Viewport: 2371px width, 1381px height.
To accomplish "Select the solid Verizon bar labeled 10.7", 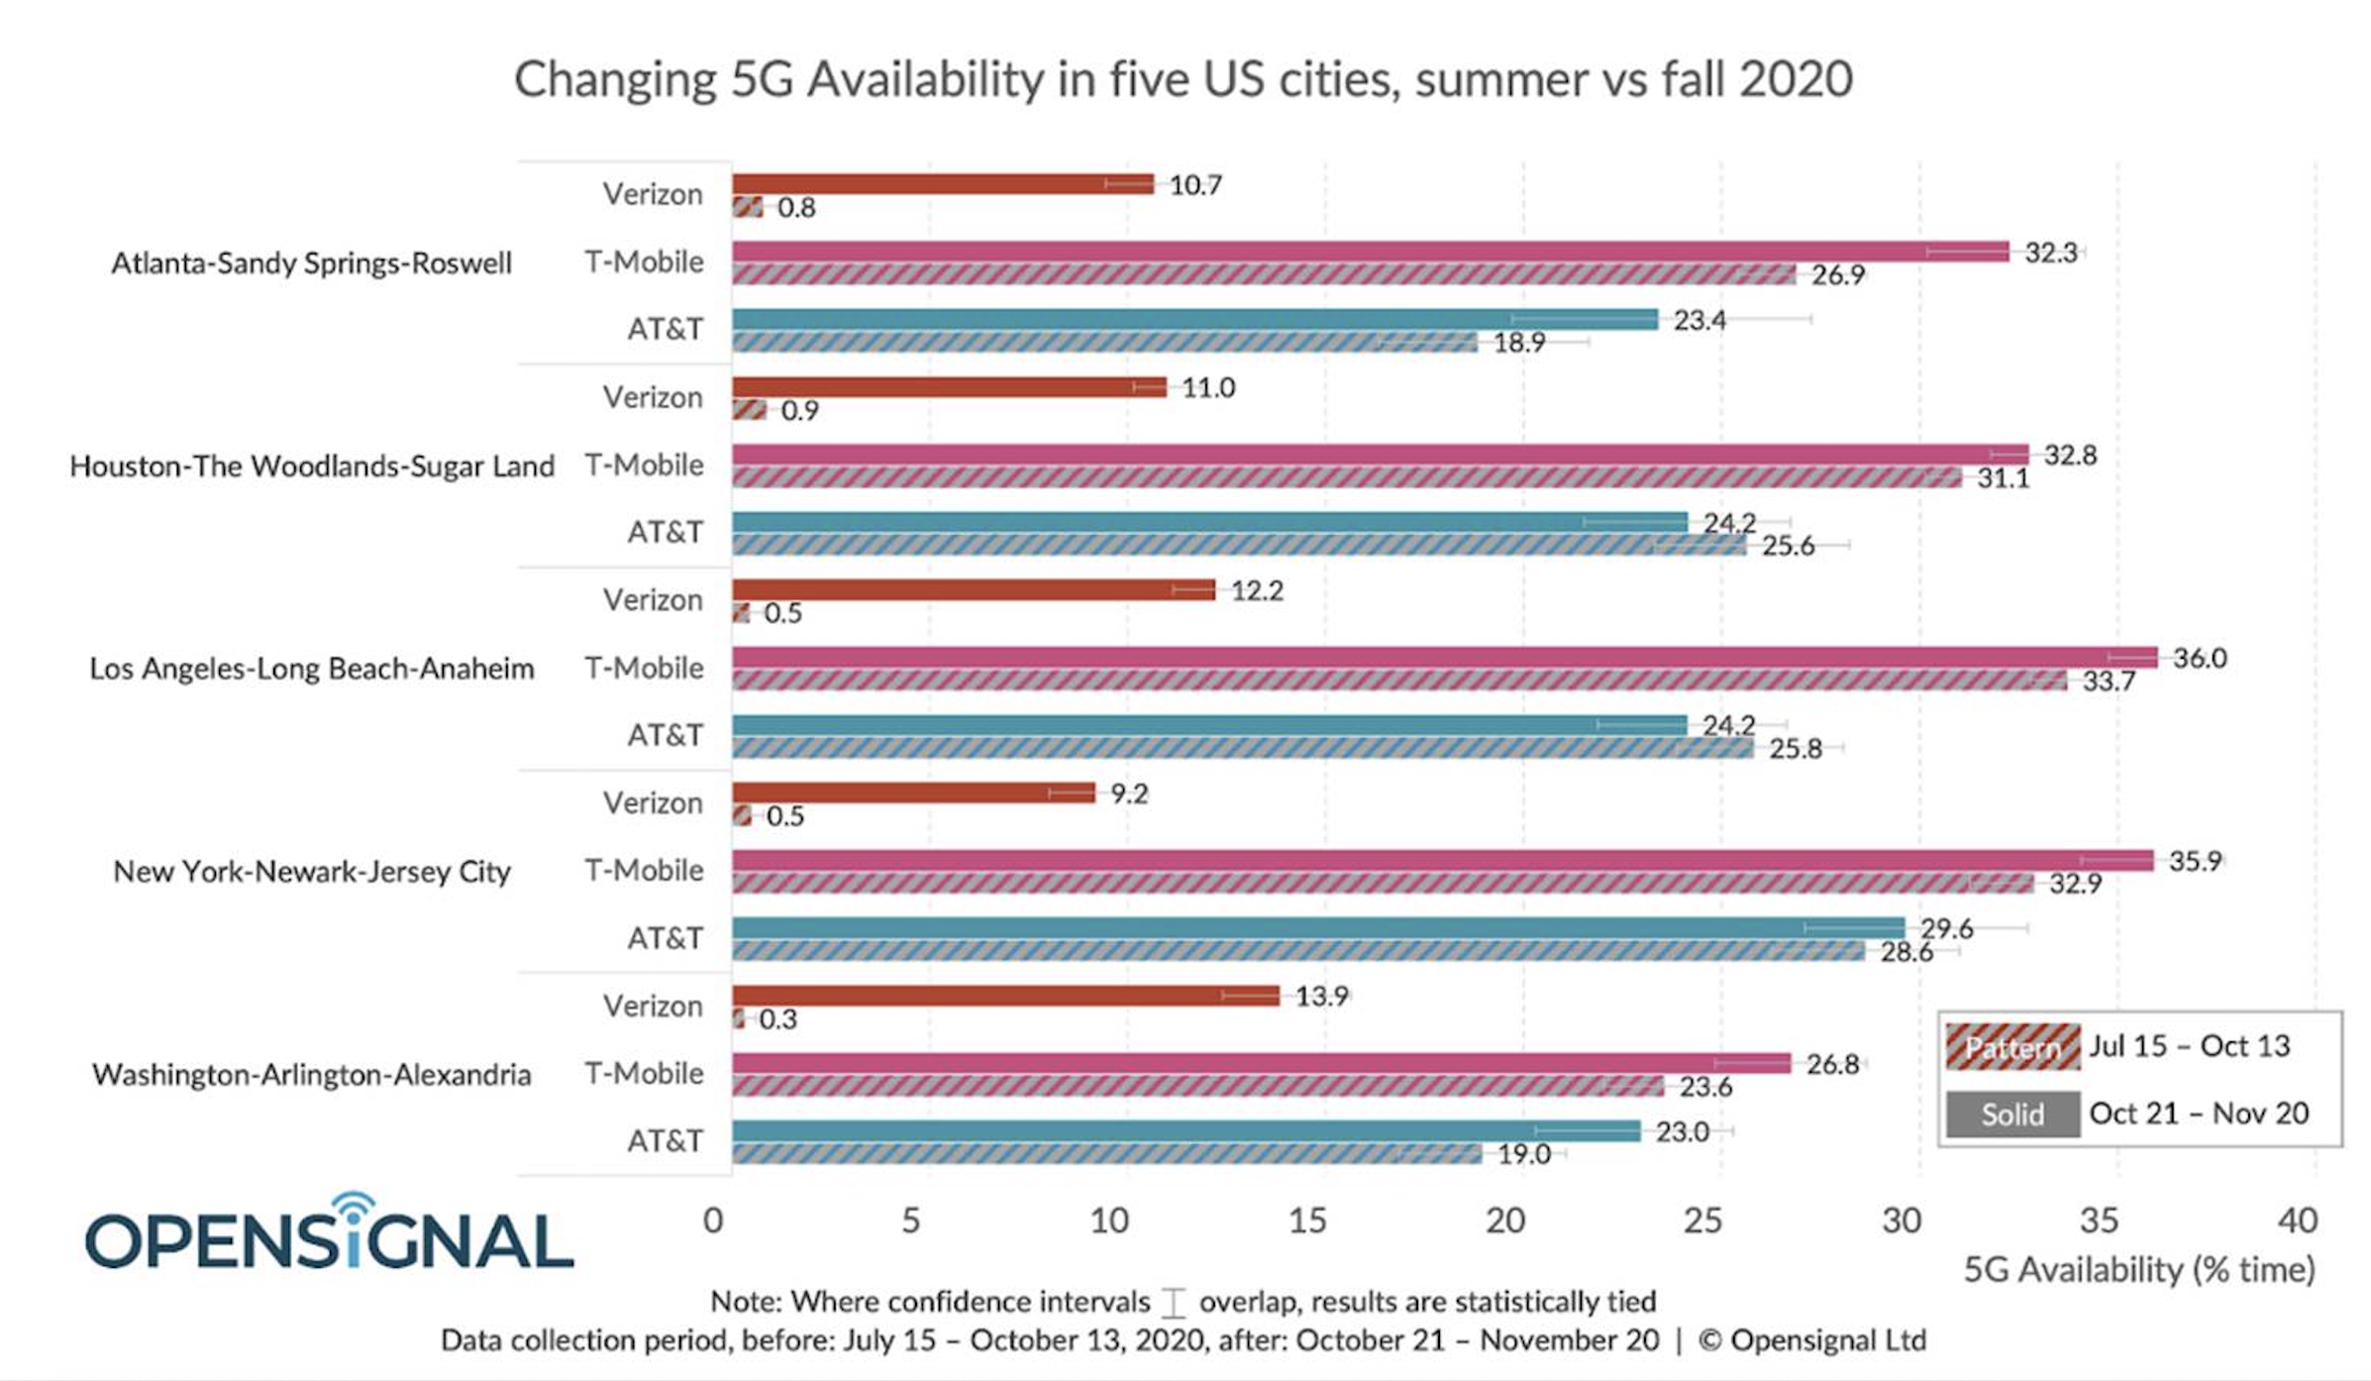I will pos(941,184).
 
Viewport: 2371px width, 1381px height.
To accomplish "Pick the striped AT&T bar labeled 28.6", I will pos(1297,951).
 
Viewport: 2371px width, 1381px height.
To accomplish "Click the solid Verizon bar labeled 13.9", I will pos(1004,996).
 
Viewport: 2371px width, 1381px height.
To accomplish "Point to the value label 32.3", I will pos(2050,253).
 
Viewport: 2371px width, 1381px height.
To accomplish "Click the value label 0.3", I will pos(777,1019).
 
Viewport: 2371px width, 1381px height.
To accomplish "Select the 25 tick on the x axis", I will pos(1702,1221).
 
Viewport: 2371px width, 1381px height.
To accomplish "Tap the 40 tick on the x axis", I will pos(2297,1221).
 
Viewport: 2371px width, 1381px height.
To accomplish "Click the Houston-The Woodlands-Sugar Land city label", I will pos(312,466).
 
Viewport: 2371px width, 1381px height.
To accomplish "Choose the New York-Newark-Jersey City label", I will pos(312,872).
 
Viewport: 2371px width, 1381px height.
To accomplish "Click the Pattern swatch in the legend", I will pos(2011,1047).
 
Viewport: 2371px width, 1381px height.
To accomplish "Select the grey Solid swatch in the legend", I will pos(2011,1115).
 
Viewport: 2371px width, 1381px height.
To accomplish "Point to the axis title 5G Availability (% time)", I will pos(2138,1269).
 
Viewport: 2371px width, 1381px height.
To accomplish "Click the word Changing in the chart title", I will pos(614,79).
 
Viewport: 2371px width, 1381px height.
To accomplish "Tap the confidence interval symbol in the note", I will pos(1174,1302).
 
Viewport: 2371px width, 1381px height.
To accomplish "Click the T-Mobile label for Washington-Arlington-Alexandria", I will pos(644,1073).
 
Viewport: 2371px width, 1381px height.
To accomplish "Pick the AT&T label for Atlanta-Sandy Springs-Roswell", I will pos(665,329).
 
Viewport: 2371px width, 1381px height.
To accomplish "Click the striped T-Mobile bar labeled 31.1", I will pos(1347,478).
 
